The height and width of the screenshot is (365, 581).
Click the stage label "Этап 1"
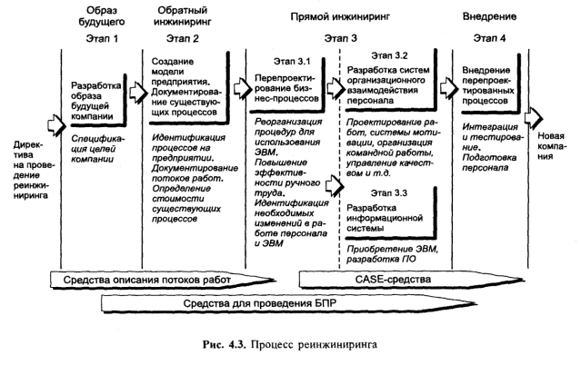(102, 38)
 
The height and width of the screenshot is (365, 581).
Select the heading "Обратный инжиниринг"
(183, 16)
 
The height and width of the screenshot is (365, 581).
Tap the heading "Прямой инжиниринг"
(340, 16)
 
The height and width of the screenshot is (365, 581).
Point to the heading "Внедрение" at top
(489, 16)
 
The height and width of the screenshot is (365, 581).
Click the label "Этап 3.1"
(292, 62)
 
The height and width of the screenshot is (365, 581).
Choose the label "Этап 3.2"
(389, 55)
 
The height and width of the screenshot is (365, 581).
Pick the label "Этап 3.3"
(388, 193)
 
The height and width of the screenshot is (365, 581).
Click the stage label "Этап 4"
(489, 38)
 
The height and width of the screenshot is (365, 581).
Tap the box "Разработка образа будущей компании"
(98, 101)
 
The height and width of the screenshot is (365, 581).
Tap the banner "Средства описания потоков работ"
(163, 280)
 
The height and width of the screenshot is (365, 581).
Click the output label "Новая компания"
(551, 146)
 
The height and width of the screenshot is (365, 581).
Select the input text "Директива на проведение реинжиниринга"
(33, 170)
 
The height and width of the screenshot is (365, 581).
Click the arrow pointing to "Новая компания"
(534, 118)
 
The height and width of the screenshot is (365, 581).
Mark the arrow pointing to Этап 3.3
(335, 186)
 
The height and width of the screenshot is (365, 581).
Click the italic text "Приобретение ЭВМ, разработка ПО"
(393, 254)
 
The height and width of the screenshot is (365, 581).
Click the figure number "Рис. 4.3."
(225, 345)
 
